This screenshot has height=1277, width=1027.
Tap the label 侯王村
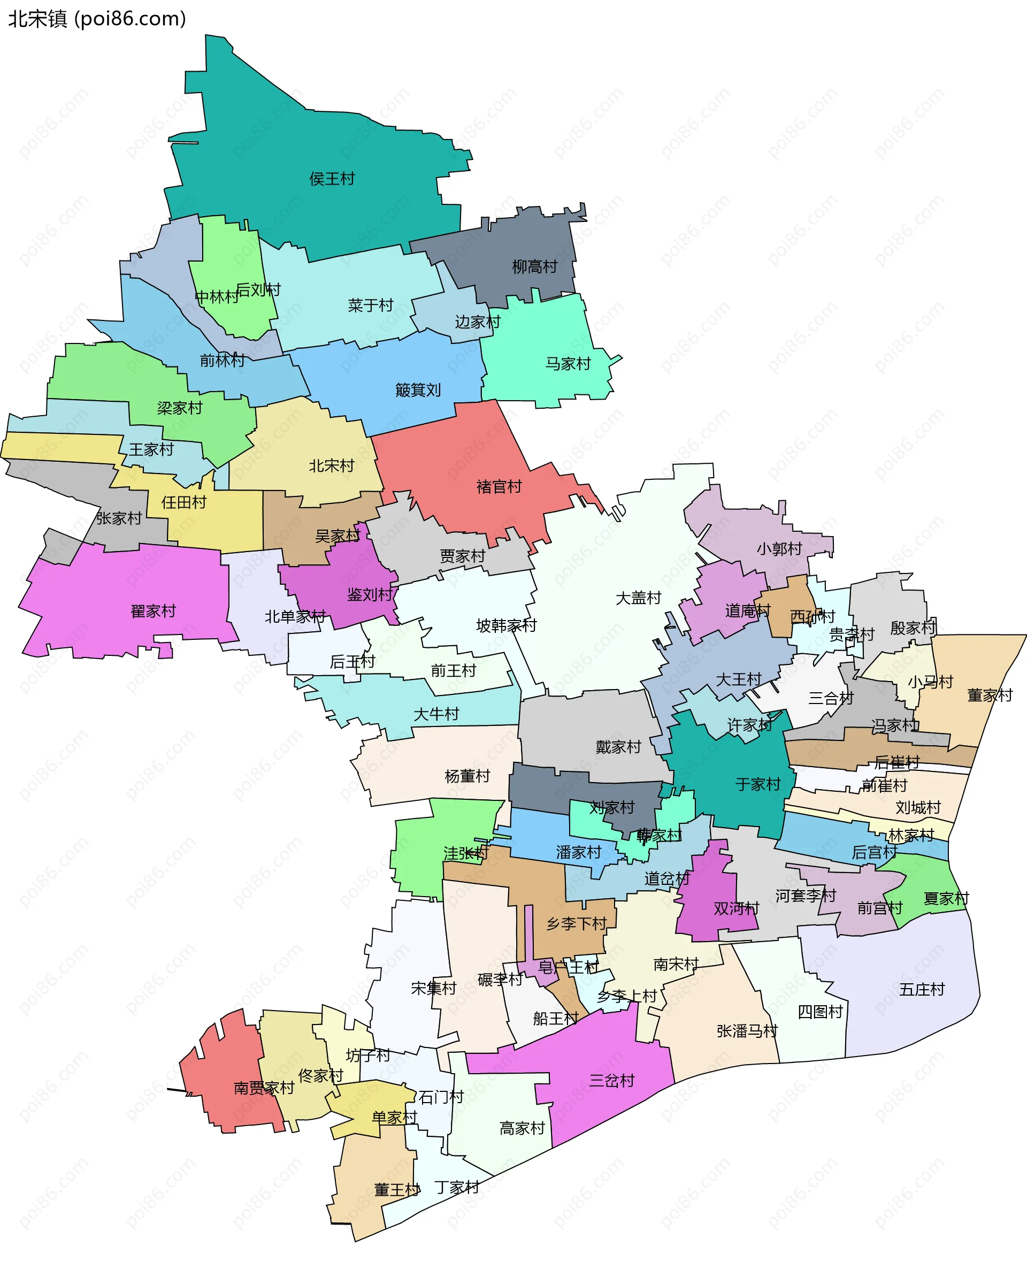click(332, 179)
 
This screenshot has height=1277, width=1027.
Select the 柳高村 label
click(534, 266)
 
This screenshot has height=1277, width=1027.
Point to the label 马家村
click(568, 364)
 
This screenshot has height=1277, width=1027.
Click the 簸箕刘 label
click(418, 389)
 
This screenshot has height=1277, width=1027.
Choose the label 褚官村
click(499, 487)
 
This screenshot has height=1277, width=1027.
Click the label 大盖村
click(638, 598)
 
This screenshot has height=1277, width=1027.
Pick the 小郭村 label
click(779, 549)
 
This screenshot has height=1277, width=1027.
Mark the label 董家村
click(990, 695)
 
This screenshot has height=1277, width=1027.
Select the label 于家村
click(757, 785)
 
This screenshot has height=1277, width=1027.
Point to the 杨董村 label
click(467, 776)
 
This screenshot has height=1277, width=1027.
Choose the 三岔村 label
click(612, 1081)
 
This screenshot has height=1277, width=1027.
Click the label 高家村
click(522, 1128)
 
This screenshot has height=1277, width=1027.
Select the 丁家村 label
click(457, 1188)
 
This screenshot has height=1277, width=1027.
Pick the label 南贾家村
click(264, 1088)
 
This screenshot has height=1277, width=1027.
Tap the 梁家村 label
click(180, 408)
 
